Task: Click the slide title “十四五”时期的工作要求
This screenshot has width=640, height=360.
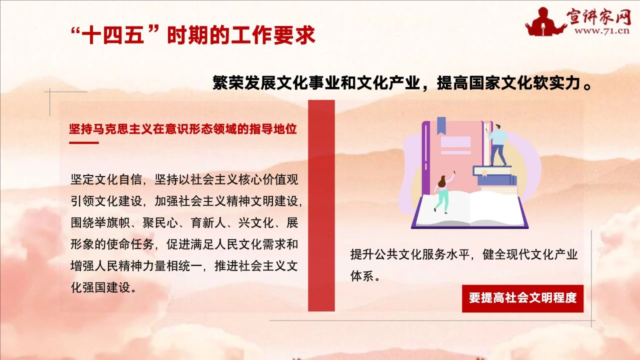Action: point(193,35)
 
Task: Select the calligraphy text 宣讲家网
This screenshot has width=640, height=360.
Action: point(599,16)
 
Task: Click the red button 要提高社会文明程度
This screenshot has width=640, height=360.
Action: point(522,298)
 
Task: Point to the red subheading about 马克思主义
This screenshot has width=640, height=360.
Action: point(183,129)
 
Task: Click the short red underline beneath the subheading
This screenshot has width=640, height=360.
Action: point(84,142)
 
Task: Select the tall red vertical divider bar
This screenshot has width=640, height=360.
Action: point(321,205)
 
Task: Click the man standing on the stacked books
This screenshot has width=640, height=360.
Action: point(498,145)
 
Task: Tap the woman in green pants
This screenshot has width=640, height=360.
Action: point(443,193)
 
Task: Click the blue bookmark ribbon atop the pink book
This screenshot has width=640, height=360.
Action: point(441,125)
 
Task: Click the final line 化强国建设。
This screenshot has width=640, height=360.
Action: point(103,287)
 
